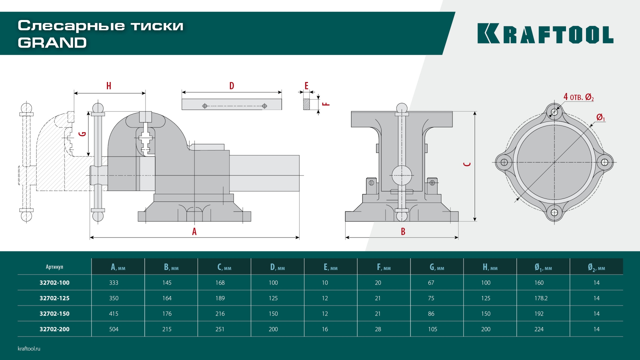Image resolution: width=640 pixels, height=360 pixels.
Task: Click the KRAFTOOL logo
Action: tap(545, 34)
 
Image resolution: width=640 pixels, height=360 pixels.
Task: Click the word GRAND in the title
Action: tap(52, 43)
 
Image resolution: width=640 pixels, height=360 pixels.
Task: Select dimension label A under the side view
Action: tap(194, 231)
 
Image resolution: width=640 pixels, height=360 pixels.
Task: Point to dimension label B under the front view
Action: tap(403, 231)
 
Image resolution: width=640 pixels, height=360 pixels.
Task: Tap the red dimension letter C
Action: tap(467, 164)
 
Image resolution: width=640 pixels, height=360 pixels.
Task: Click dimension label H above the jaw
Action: tap(109, 86)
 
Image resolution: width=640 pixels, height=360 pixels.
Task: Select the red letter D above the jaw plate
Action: tap(232, 86)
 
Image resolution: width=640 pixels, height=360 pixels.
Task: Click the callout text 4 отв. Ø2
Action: tap(578, 97)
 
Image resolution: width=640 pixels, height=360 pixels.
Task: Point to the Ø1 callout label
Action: tap(600, 117)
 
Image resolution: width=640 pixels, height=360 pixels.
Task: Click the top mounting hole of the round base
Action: tap(554, 112)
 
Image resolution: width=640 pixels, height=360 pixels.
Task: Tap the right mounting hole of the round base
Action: tap(605, 162)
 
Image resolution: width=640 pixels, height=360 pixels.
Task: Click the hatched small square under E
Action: tap(306, 104)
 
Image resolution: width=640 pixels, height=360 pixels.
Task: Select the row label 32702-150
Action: tap(55, 314)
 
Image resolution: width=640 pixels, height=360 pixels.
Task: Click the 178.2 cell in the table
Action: tap(541, 298)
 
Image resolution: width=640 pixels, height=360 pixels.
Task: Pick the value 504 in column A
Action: tap(114, 329)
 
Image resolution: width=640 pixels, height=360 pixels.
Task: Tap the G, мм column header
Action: tap(437, 267)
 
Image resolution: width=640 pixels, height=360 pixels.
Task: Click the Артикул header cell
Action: tap(54, 267)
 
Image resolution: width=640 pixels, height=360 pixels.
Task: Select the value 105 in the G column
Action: tap(432, 329)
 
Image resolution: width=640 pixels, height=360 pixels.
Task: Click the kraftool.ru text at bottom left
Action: tap(29, 348)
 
